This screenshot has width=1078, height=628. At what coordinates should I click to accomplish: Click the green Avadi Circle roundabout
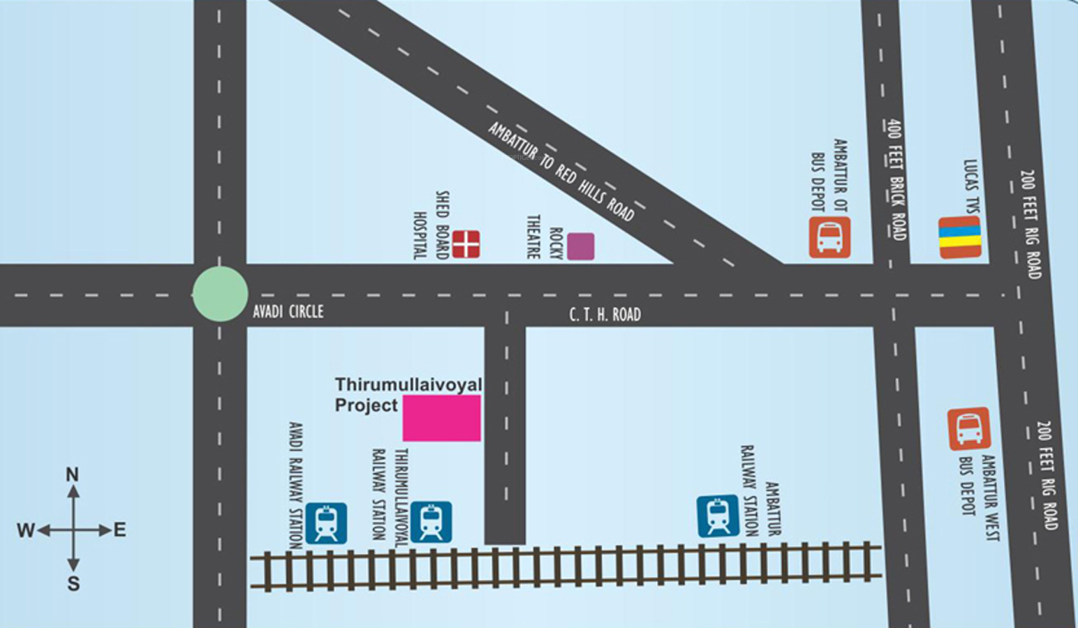220,294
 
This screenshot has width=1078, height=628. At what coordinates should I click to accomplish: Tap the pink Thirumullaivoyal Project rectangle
441,418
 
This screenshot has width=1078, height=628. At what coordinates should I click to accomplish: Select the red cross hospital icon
466,244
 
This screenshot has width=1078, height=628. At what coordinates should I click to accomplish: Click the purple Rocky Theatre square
580,246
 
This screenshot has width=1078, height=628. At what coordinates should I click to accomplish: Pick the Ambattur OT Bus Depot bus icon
829,237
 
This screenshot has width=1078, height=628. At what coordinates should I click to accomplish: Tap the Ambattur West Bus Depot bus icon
969,428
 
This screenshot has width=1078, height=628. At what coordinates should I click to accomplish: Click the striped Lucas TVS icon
959,237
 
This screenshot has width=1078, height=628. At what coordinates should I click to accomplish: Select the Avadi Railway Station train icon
326,523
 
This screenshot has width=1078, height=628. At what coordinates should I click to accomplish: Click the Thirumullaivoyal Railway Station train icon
431,522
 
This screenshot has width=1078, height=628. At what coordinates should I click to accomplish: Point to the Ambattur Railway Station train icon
718,516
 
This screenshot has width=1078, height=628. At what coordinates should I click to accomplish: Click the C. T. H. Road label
605,315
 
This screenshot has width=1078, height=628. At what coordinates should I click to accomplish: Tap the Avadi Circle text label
288,311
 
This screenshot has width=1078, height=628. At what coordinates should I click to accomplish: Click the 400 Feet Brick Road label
896,180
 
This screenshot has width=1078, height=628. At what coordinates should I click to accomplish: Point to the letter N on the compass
72,474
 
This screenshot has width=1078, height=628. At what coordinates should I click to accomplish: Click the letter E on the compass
120,530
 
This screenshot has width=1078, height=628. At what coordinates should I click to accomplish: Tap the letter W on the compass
25,530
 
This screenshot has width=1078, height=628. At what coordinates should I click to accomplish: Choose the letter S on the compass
73,583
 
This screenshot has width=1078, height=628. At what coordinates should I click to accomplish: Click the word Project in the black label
366,405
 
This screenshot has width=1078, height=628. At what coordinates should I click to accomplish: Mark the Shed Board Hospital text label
431,225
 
